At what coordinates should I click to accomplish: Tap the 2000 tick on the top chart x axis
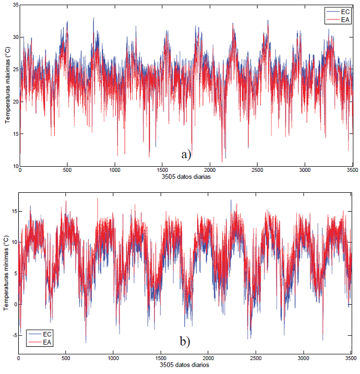[209, 171]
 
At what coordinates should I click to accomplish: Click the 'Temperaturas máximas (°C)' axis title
[7, 86]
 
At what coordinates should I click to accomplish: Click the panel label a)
[186, 155]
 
